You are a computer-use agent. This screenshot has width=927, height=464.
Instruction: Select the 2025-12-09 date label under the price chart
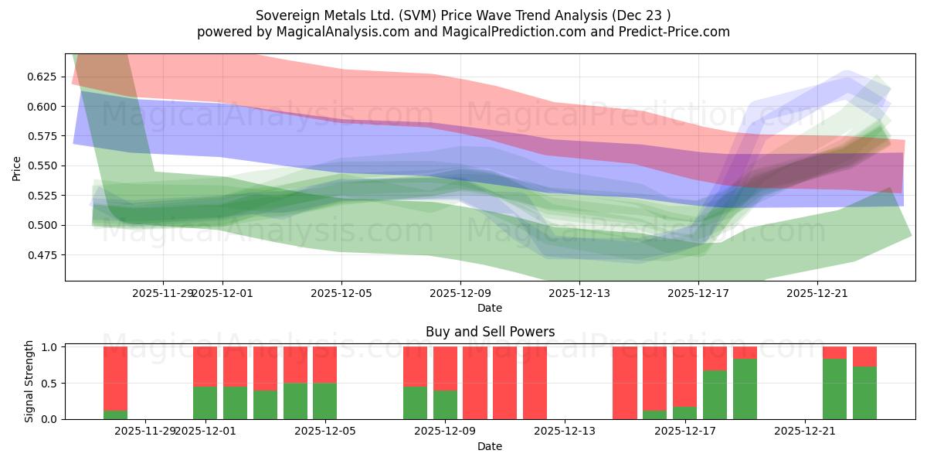pyautogui.click(x=460, y=293)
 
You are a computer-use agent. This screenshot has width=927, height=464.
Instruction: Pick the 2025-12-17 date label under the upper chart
pyautogui.click(x=698, y=293)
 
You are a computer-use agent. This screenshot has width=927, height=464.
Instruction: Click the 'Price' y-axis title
pyautogui.click(x=17, y=167)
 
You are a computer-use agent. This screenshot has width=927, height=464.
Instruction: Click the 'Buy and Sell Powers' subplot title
pyautogui.click(x=490, y=332)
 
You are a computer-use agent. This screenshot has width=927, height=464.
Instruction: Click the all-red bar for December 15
pyautogui.click(x=624, y=383)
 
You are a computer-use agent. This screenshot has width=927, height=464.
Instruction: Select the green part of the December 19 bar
pyautogui.click(x=745, y=389)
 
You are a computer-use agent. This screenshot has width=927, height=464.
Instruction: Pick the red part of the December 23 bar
pyautogui.click(x=864, y=356)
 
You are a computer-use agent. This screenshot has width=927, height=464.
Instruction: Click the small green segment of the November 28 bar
pyautogui.click(x=115, y=415)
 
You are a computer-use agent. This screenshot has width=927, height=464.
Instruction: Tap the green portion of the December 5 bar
pyautogui.click(x=324, y=401)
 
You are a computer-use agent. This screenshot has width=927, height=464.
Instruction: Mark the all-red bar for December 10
pyautogui.click(x=504, y=383)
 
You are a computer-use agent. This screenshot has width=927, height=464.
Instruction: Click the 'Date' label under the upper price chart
pyautogui.click(x=490, y=308)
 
